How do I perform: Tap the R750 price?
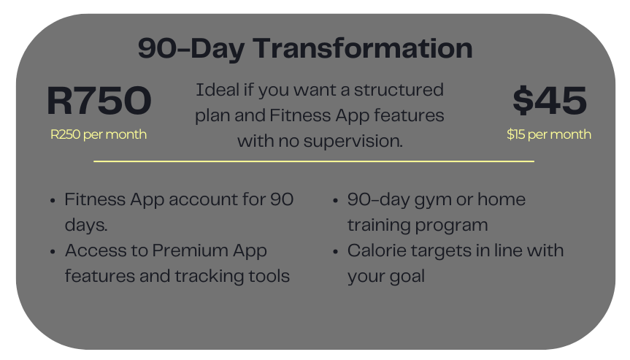coord(99,101)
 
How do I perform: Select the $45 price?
coord(549,101)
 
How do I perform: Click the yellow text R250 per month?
coord(99,134)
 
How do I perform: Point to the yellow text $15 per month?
coord(549,134)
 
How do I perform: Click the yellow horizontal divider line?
coord(314,161)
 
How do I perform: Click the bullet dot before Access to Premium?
coord(53,251)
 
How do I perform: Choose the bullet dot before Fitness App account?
coord(53,200)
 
